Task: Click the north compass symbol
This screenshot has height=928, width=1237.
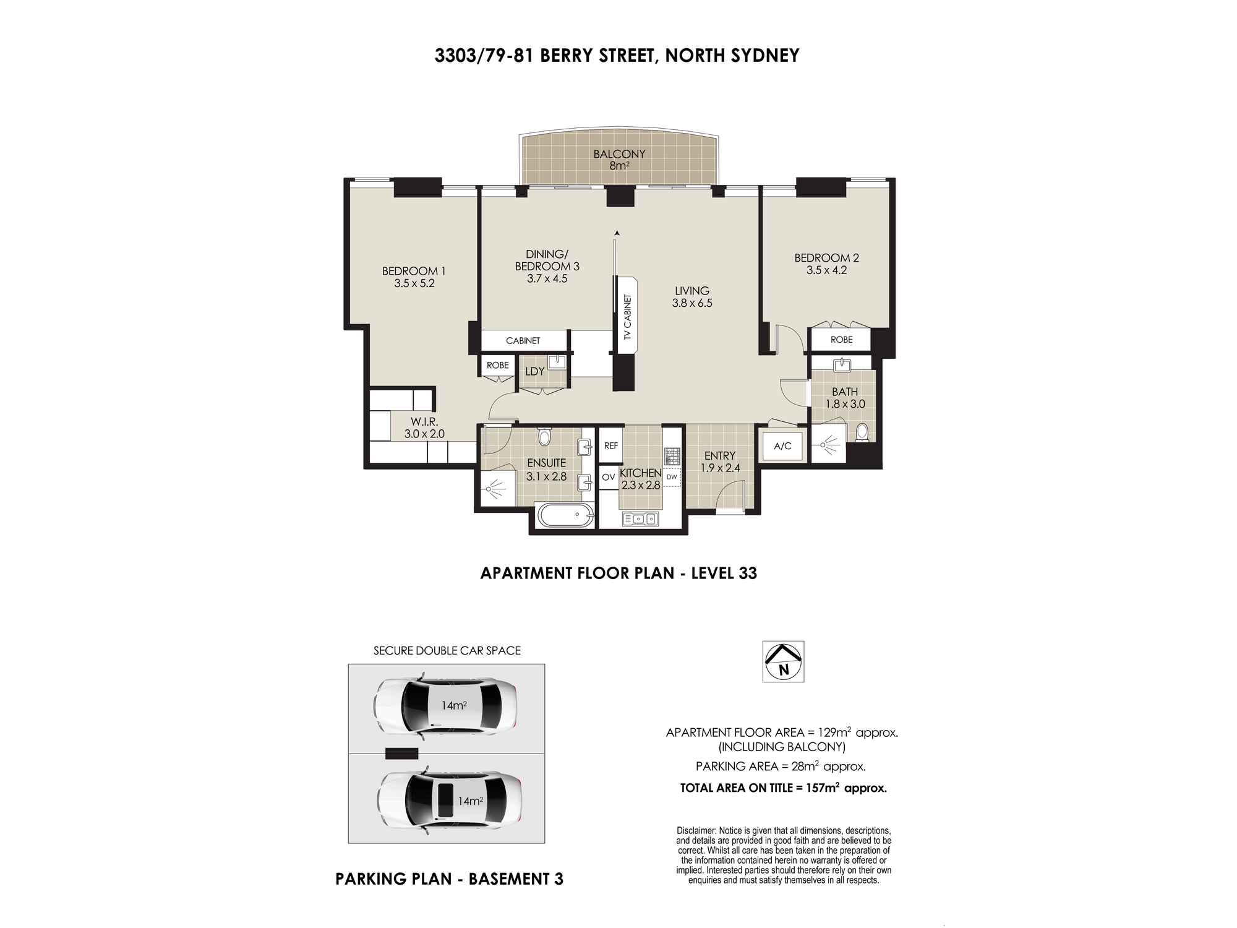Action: pos(783,661)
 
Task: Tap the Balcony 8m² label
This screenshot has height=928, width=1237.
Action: pos(619,160)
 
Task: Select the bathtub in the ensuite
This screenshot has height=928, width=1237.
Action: pos(565,515)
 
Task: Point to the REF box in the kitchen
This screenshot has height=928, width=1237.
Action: pos(611,445)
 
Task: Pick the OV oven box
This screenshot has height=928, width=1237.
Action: pos(609,477)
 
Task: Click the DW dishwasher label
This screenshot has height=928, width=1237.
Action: pos(672,476)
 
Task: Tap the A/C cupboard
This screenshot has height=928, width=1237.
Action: pos(782,445)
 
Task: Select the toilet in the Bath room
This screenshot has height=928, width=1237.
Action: pos(862,431)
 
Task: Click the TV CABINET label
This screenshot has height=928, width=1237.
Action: pos(627,317)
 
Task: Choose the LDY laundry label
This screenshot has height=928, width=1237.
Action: pos(534,371)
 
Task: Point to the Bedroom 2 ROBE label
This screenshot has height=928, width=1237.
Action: pos(841,340)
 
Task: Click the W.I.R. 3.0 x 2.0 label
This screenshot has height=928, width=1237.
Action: pos(424,428)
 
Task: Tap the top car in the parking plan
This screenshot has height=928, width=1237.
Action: pos(446,706)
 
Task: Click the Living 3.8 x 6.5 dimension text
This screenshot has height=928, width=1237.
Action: pos(692,303)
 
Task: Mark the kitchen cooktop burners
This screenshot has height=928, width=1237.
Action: pos(672,457)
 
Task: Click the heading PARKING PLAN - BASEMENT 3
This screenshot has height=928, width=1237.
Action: pos(449,879)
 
